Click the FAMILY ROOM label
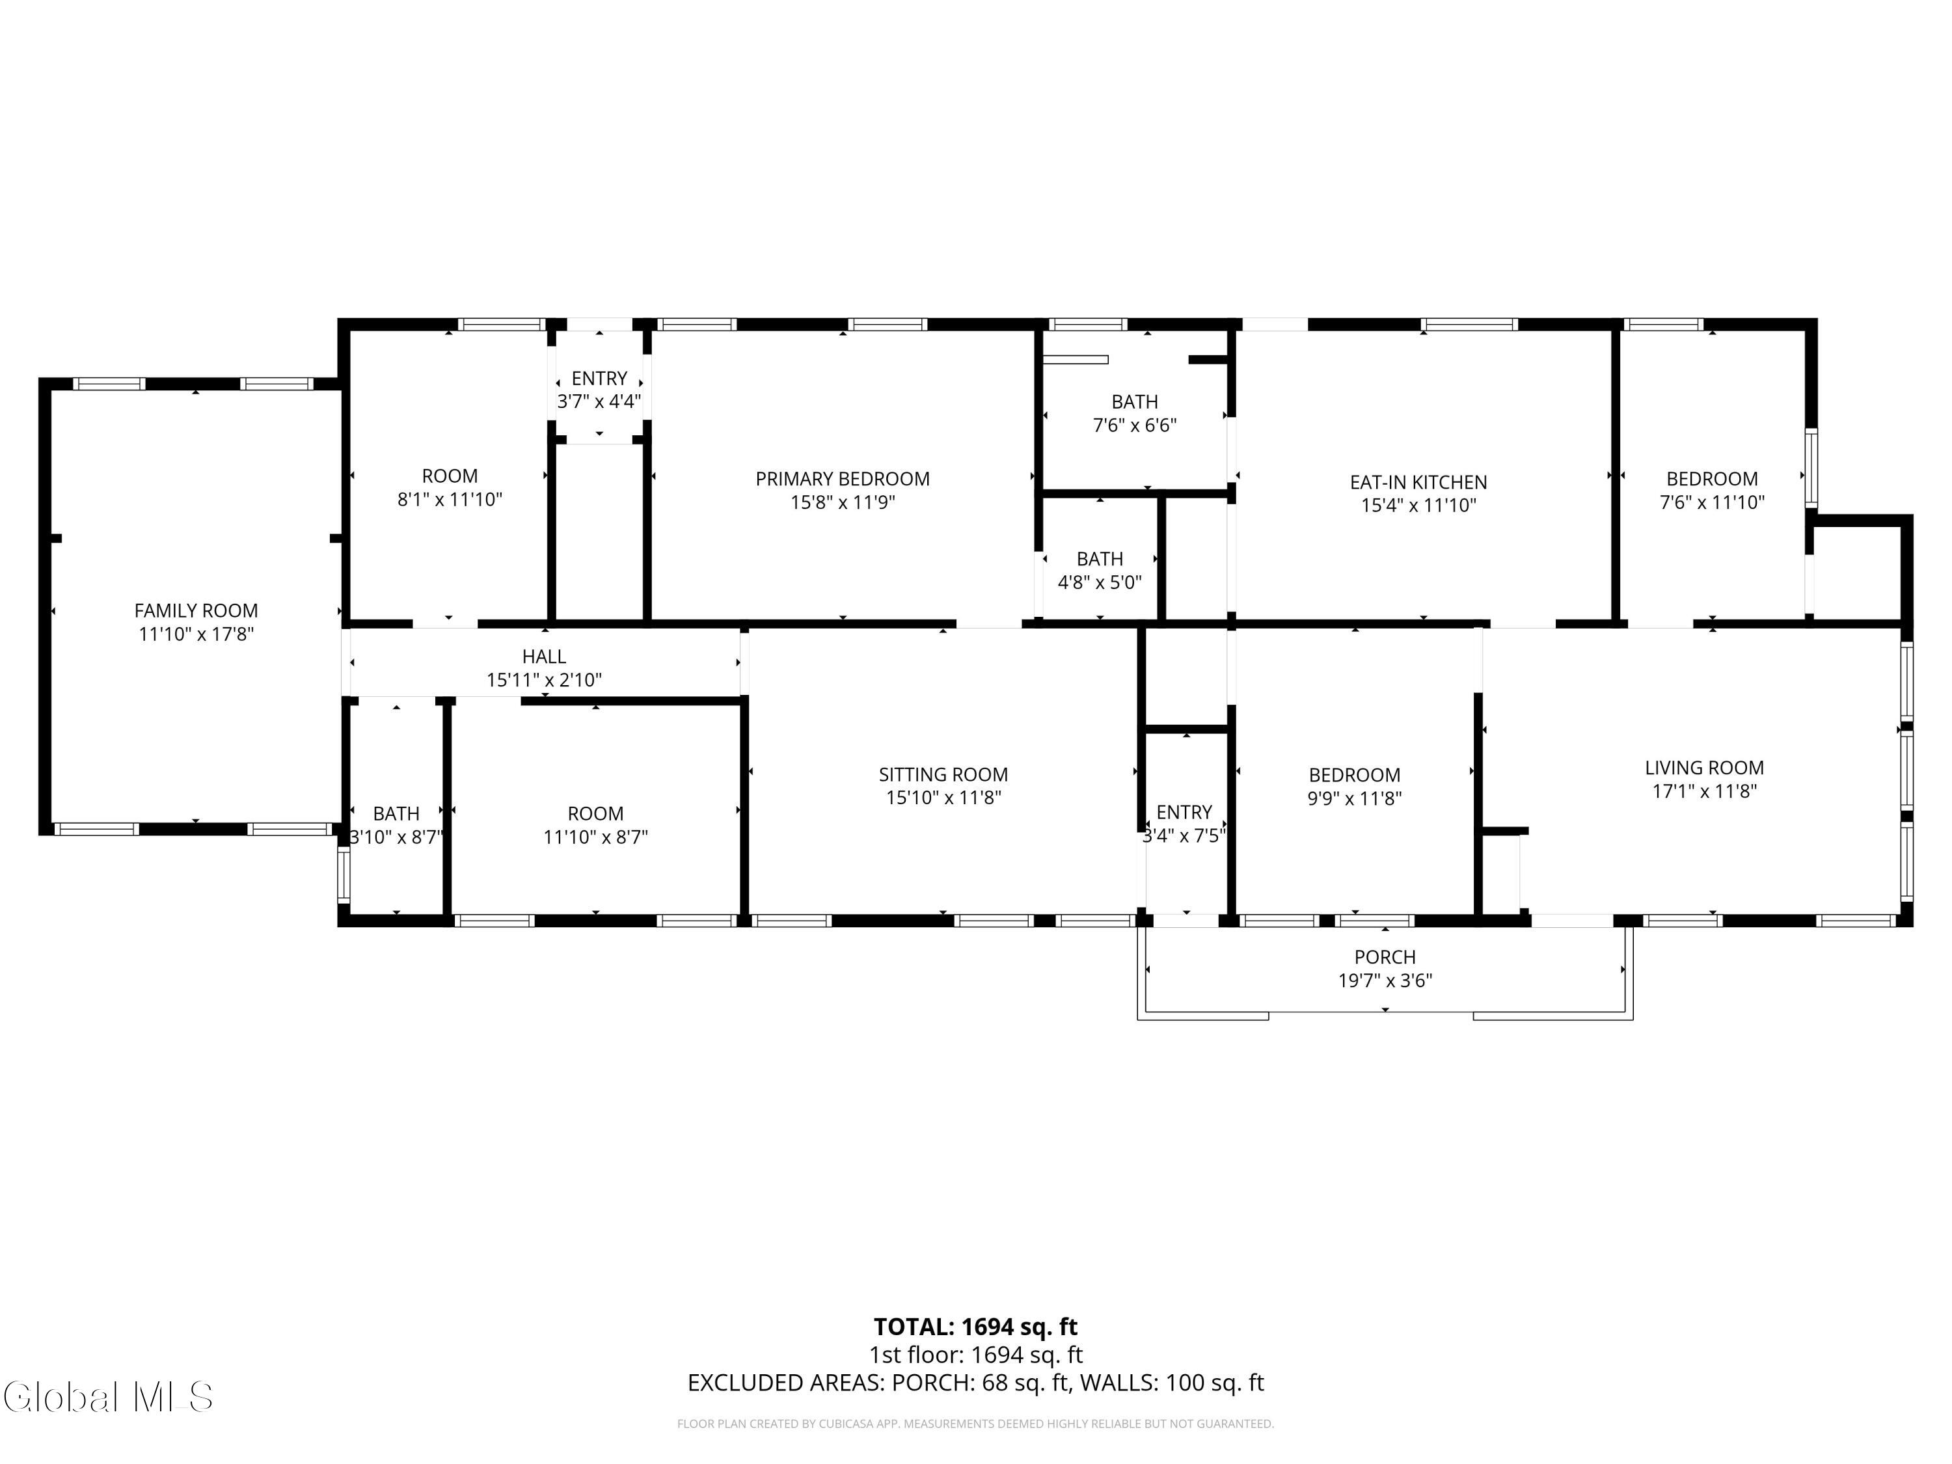pos(196,611)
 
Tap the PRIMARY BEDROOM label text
pos(843,479)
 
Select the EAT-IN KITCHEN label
pos(1418,483)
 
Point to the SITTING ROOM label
pos(943,775)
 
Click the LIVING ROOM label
pos(1704,768)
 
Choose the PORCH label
pos(1385,958)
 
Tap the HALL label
pos(545,657)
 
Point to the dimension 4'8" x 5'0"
pos(1100,582)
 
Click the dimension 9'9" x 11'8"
pos(1355,798)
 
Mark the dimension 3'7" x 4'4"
pos(599,401)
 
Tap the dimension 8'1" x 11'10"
pos(450,500)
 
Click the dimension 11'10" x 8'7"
pos(595,837)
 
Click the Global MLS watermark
pos(107,1397)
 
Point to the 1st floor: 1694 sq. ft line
pos(976,1355)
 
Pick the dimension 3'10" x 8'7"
pos(396,837)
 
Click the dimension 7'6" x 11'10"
pos(1712,503)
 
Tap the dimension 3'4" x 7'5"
pos(1184,835)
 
